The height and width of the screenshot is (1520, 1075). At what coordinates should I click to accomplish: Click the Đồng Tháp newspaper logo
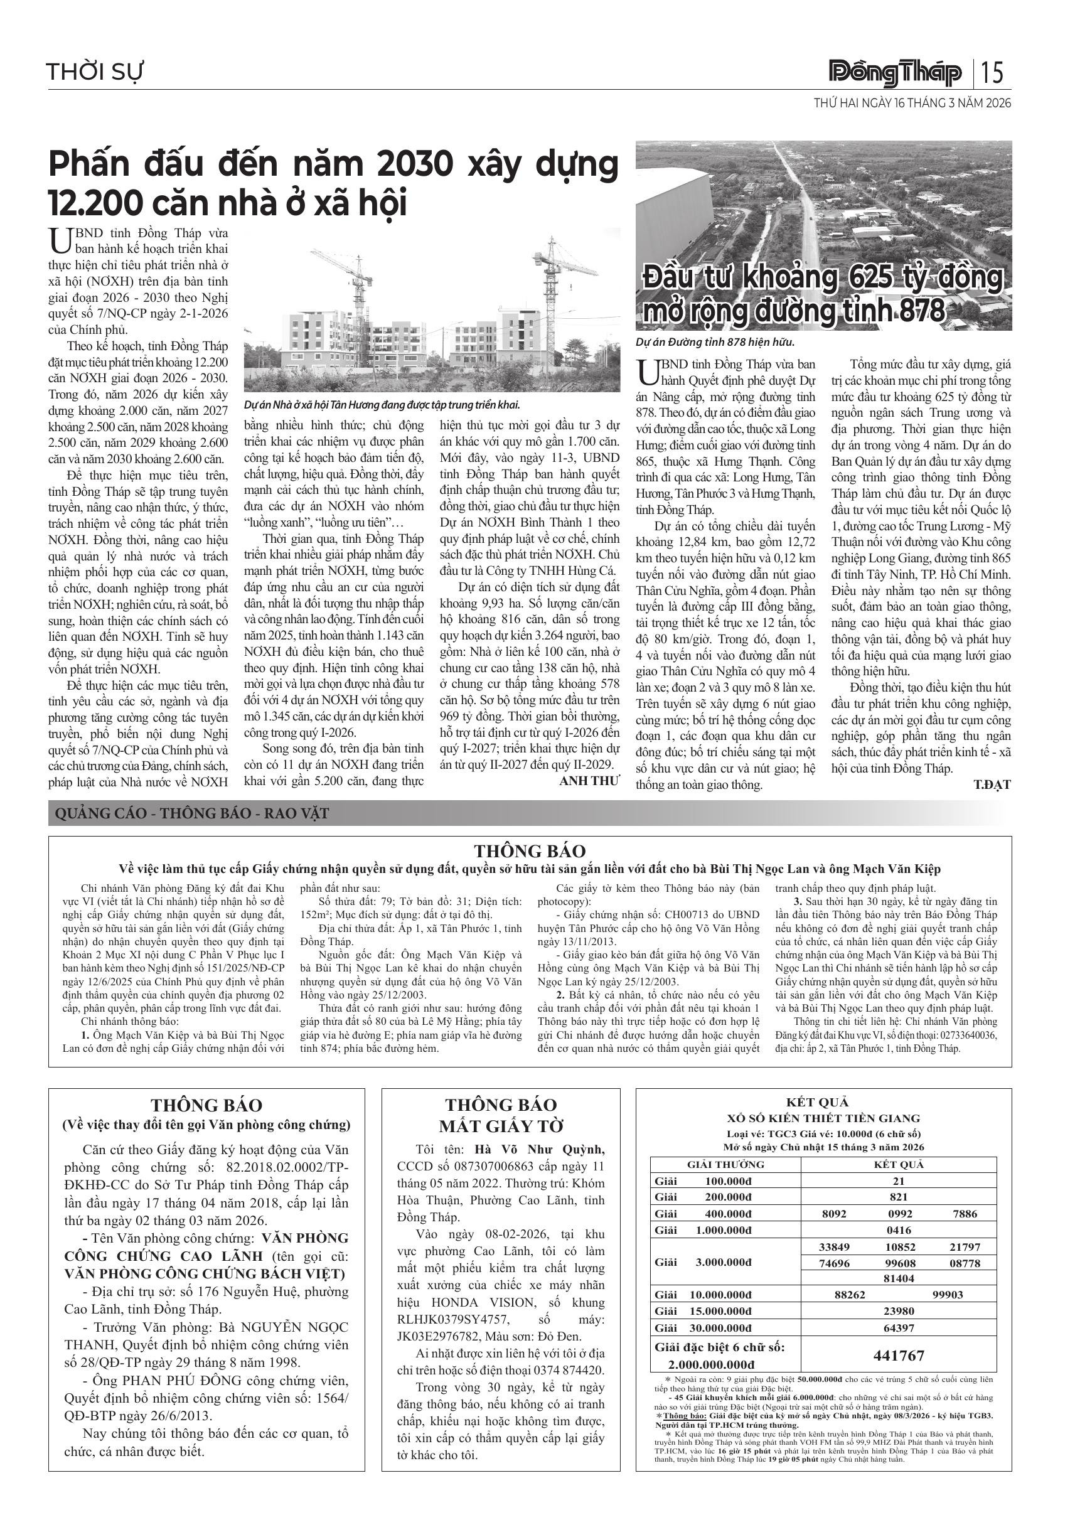tap(896, 73)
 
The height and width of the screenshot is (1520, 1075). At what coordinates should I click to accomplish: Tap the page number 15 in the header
tap(993, 72)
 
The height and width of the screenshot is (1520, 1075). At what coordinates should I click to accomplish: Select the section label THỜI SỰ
tap(95, 72)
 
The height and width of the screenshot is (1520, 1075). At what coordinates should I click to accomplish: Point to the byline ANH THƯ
tap(590, 781)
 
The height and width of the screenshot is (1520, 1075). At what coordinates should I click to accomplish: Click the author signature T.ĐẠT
tap(992, 785)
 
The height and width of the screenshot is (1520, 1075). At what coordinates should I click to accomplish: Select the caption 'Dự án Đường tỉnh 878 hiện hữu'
tap(714, 342)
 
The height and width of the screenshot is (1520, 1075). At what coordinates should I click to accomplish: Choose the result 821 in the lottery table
tap(898, 1197)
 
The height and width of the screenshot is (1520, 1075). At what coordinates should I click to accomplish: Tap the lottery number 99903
tap(947, 1294)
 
